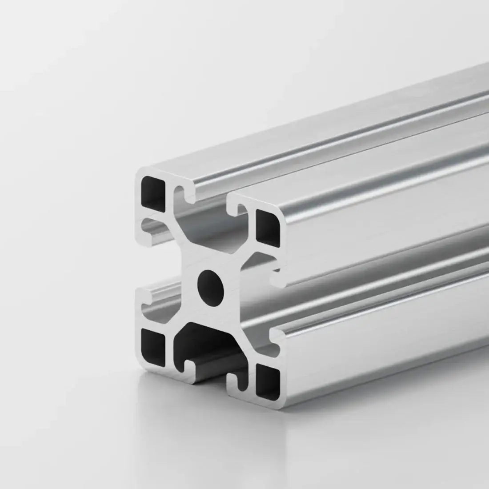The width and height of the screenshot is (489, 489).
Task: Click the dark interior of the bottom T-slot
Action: click(209, 342)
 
